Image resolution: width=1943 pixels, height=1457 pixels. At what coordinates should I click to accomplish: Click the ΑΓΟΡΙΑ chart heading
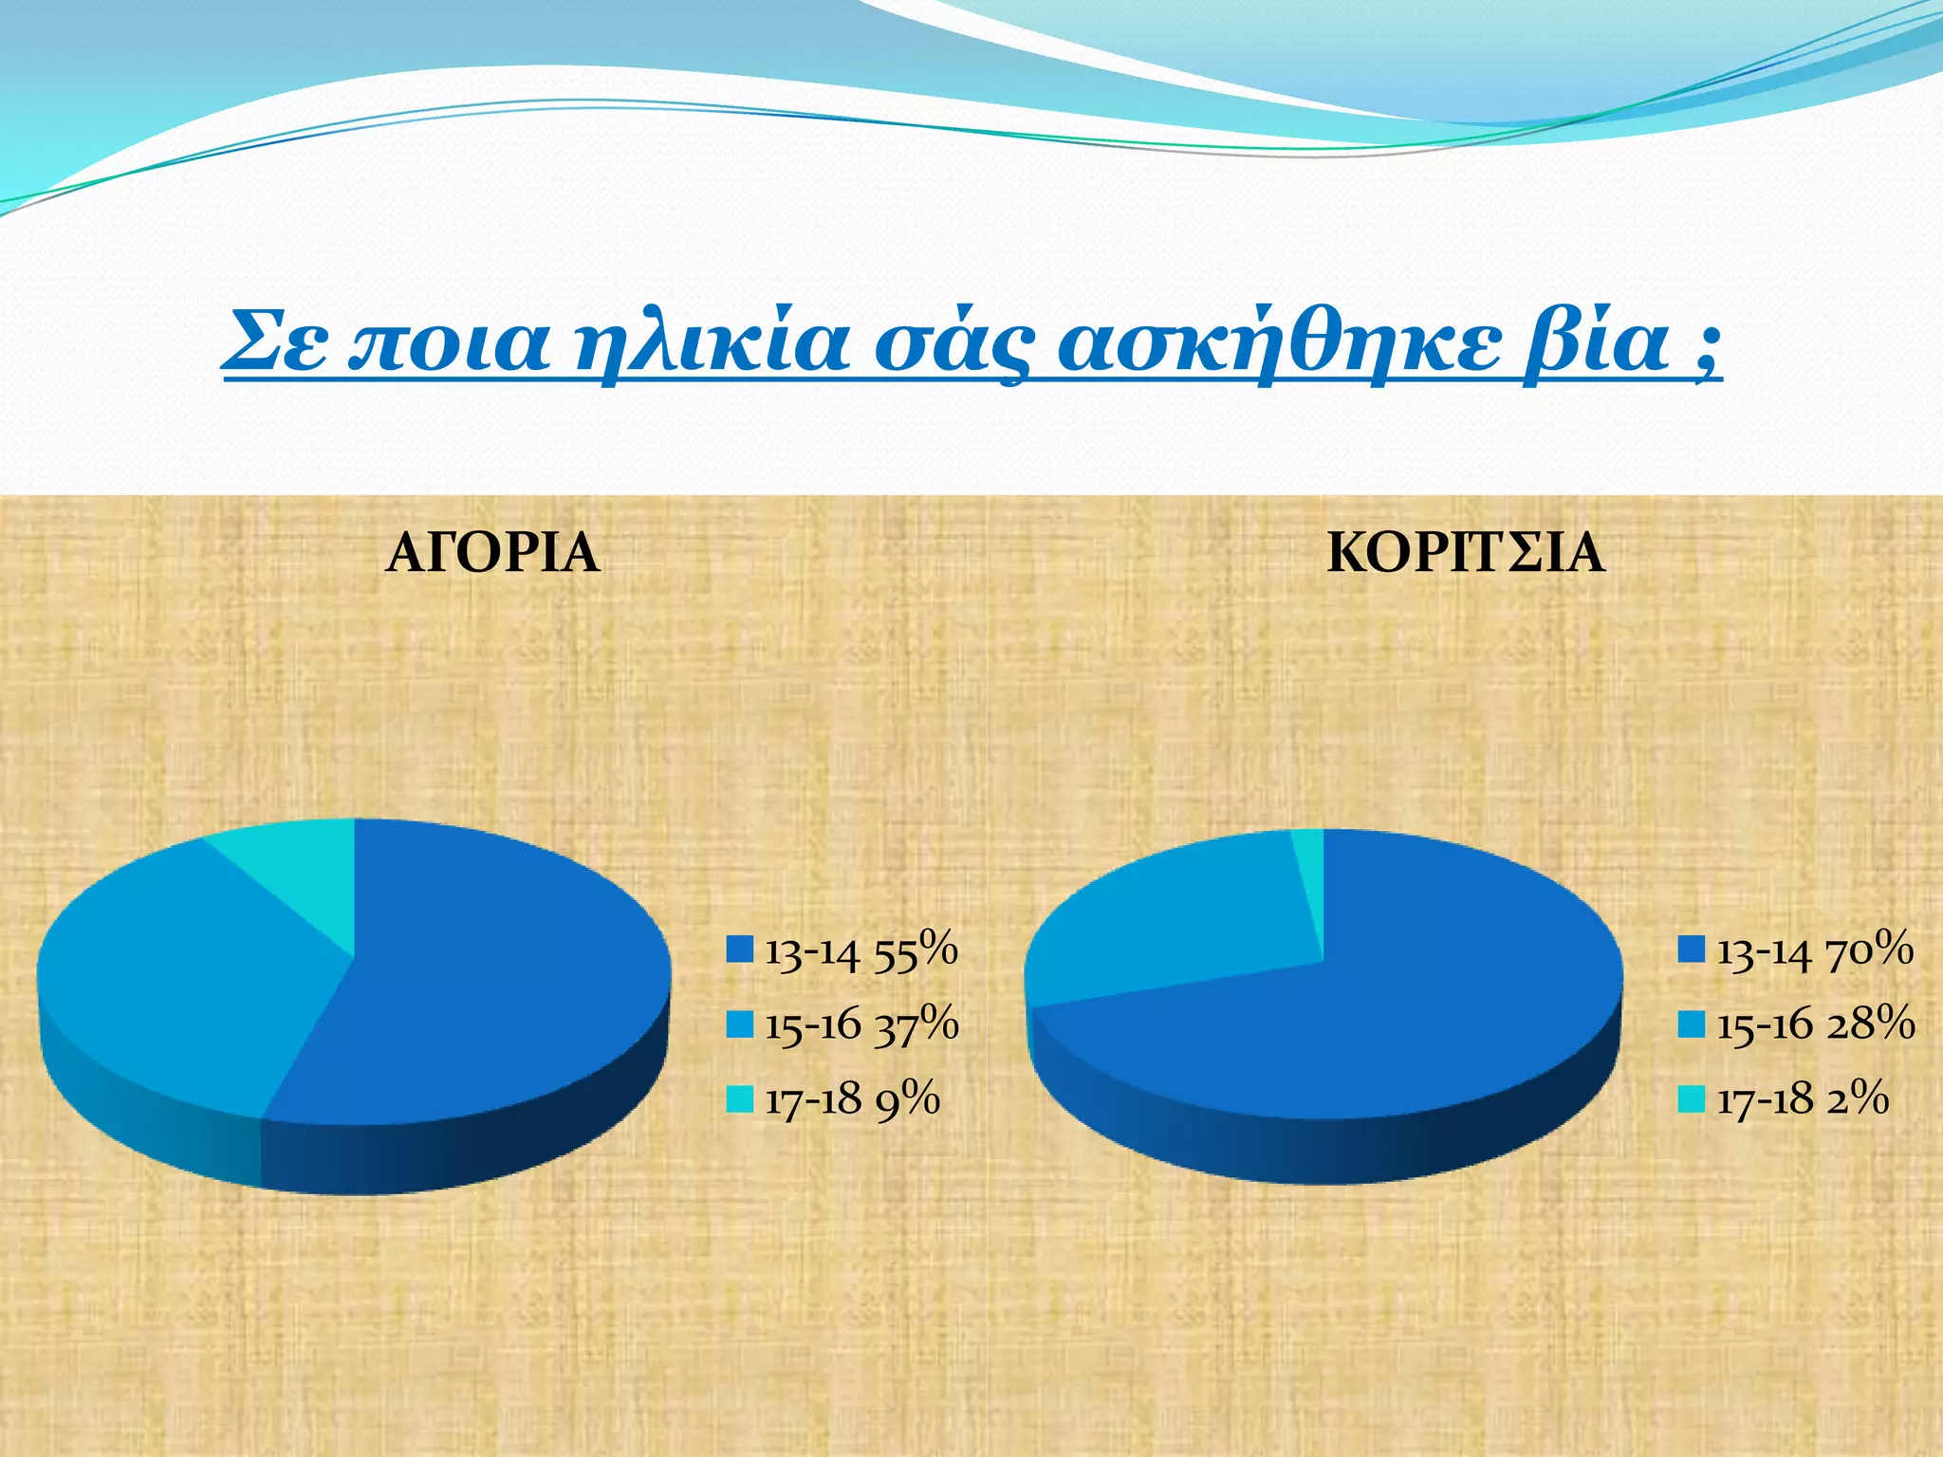tap(492, 553)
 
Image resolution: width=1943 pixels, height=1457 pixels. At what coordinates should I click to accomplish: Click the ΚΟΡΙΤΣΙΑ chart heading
tap(1466, 553)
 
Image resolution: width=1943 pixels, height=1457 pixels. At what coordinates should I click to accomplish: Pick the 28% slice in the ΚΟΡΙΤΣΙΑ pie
tap(1167, 920)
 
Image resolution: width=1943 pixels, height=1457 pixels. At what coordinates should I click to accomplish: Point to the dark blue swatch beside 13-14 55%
tap(740, 950)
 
